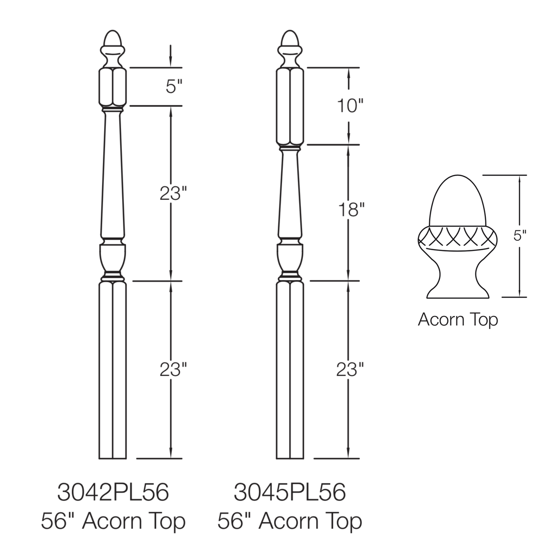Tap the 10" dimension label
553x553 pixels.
pos(350,106)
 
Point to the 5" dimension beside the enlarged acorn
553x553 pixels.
pos(520,236)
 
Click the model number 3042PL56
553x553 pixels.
pos(113,492)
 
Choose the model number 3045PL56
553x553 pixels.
pos(290,492)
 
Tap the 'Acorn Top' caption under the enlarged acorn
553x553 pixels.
pos(458,320)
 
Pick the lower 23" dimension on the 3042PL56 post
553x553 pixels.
pos(173,369)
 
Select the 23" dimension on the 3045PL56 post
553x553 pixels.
pos(350,369)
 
